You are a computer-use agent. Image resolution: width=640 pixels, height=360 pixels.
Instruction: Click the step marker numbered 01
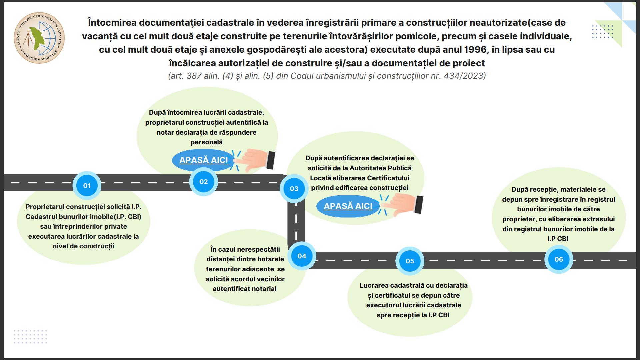pyautogui.click(x=87, y=186)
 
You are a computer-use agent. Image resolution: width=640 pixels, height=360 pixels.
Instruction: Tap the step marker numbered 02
pyautogui.click(x=204, y=182)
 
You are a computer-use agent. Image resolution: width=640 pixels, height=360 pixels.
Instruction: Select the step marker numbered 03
pyautogui.click(x=294, y=189)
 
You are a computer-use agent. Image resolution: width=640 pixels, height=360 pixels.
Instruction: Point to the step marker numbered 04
pyautogui.click(x=302, y=256)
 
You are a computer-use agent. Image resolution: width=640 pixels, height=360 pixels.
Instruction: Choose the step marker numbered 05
pyautogui.click(x=410, y=261)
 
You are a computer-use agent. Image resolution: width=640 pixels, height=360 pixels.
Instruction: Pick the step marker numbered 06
pyautogui.click(x=559, y=259)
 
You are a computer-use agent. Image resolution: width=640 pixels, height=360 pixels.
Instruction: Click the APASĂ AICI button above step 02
pyautogui.click(x=204, y=160)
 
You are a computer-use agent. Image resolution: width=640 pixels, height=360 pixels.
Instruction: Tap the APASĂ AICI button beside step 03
pyautogui.click(x=348, y=206)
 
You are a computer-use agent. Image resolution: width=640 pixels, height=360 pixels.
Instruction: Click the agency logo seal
pyautogui.click(x=39, y=38)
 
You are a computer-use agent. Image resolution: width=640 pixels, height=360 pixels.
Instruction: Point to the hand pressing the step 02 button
pyautogui.click(x=256, y=160)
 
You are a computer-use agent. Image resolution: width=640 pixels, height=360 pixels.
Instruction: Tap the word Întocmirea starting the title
pyautogui.click(x=112, y=23)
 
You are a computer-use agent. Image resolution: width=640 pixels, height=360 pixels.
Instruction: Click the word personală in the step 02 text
pyautogui.click(x=207, y=142)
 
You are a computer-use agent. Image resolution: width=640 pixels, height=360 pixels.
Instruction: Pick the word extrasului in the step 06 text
pyautogui.click(x=599, y=219)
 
